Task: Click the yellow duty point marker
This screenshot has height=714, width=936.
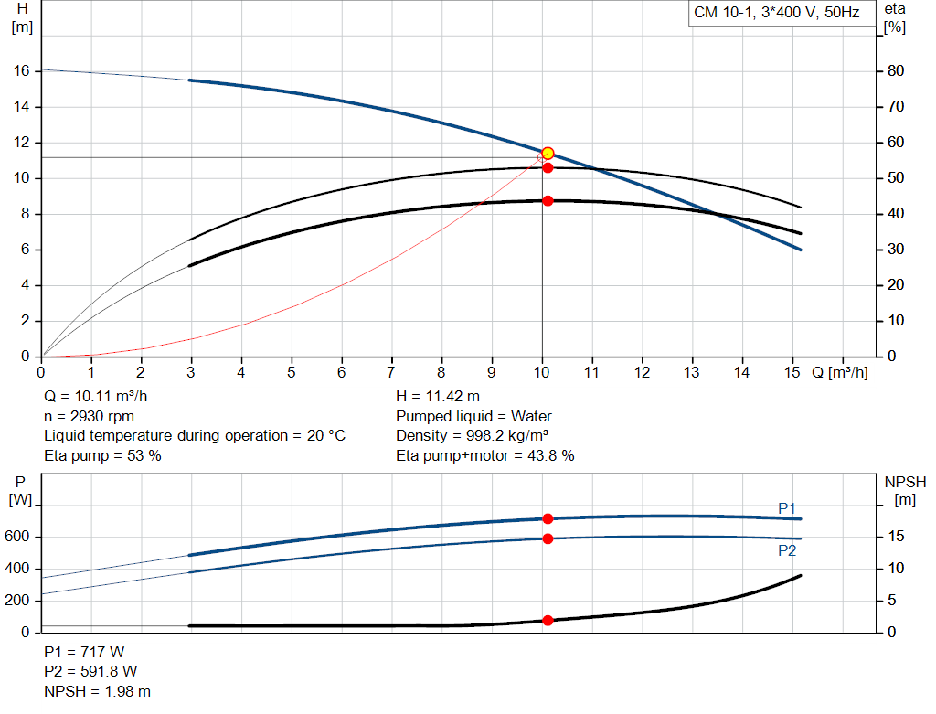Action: pyautogui.click(x=548, y=153)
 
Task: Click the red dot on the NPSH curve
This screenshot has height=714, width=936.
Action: pyautogui.click(x=548, y=621)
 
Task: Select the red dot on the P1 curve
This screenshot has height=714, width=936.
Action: pyautogui.click(x=548, y=518)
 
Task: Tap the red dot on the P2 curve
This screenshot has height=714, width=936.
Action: pyautogui.click(x=548, y=538)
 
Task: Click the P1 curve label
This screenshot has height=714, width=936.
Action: pyautogui.click(x=787, y=508)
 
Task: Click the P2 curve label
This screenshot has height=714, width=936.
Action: pyautogui.click(x=787, y=550)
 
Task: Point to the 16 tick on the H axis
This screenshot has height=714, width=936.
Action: pyautogui.click(x=23, y=71)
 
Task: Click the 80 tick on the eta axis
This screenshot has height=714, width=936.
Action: pyautogui.click(x=895, y=71)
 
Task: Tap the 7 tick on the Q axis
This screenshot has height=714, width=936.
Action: pyautogui.click(x=391, y=373)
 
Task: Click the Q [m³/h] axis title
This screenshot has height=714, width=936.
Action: pyautogui.click(x=839, y=373)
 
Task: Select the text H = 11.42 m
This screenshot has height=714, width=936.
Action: pyautogui.click(x=438, y=397)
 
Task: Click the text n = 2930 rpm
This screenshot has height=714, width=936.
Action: pyautogui.click(x=90, y=416)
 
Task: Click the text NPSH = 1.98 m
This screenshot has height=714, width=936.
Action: pyautogui.click(x=98, y=691)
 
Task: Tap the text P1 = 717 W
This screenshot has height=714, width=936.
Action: pyautogui.click(x=84, y=653)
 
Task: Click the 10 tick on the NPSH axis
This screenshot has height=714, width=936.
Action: pyautogui.click(x=895, y=569)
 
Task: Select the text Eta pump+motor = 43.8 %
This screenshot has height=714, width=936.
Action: pyautogui.click(x=485, y=455)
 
